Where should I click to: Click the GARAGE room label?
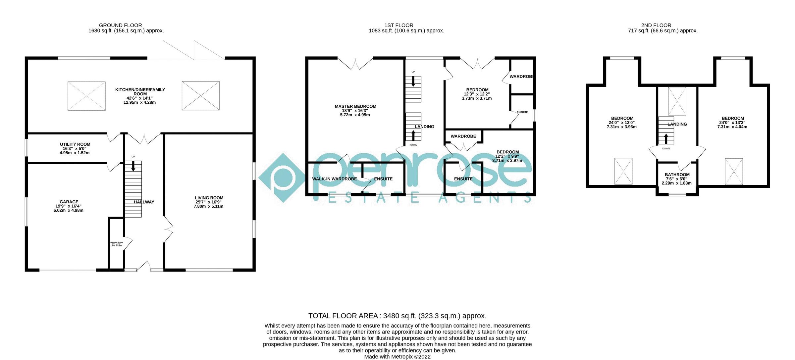pos(69,202)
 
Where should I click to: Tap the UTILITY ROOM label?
pos(75,144)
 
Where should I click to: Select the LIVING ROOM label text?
pos(209,198)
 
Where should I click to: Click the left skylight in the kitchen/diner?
pos(86,96)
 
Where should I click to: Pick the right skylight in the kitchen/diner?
pos(200,96)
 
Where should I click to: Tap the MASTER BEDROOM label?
pos(355,106)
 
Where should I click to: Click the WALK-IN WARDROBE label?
pos(335,179)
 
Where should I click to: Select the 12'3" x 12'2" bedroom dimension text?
pos(477,94)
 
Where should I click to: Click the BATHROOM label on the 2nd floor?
pos(677,175)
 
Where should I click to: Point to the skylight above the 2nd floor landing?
pos(677,101)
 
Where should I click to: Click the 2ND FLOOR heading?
pos(656,25)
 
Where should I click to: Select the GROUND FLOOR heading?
pos(120,25)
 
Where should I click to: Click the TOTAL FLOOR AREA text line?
pos(397,316)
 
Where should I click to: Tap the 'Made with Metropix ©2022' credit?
pos(397,357)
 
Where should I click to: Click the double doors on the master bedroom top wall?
pos(355,64)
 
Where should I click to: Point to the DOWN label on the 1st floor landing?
pos(413,145)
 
